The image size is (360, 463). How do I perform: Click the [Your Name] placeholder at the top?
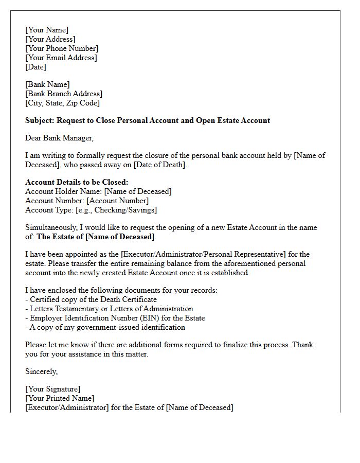[46, 30]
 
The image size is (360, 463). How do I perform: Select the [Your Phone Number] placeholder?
[61, 48]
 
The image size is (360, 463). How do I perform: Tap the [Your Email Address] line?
[61, 58]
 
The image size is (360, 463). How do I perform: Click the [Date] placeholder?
[35, 67]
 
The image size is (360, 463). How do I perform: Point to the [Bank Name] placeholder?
[47, 84]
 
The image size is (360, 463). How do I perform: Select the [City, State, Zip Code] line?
[62, 103]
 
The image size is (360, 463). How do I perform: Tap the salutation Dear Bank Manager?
[60, 138]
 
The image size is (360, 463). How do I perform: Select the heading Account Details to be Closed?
[77, 182]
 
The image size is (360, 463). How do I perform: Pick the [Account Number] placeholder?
[117, 201]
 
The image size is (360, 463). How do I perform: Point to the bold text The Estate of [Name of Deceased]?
[96, 237]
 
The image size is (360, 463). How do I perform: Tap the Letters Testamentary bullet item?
[111, 309]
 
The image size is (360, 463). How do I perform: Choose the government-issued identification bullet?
[106, 327]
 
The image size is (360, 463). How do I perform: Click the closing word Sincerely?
[42, 371]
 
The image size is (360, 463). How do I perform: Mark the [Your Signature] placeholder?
[52, 389]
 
